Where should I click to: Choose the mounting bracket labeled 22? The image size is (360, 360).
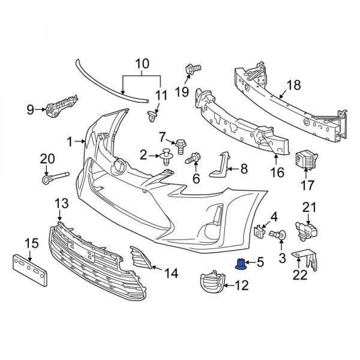304,260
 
